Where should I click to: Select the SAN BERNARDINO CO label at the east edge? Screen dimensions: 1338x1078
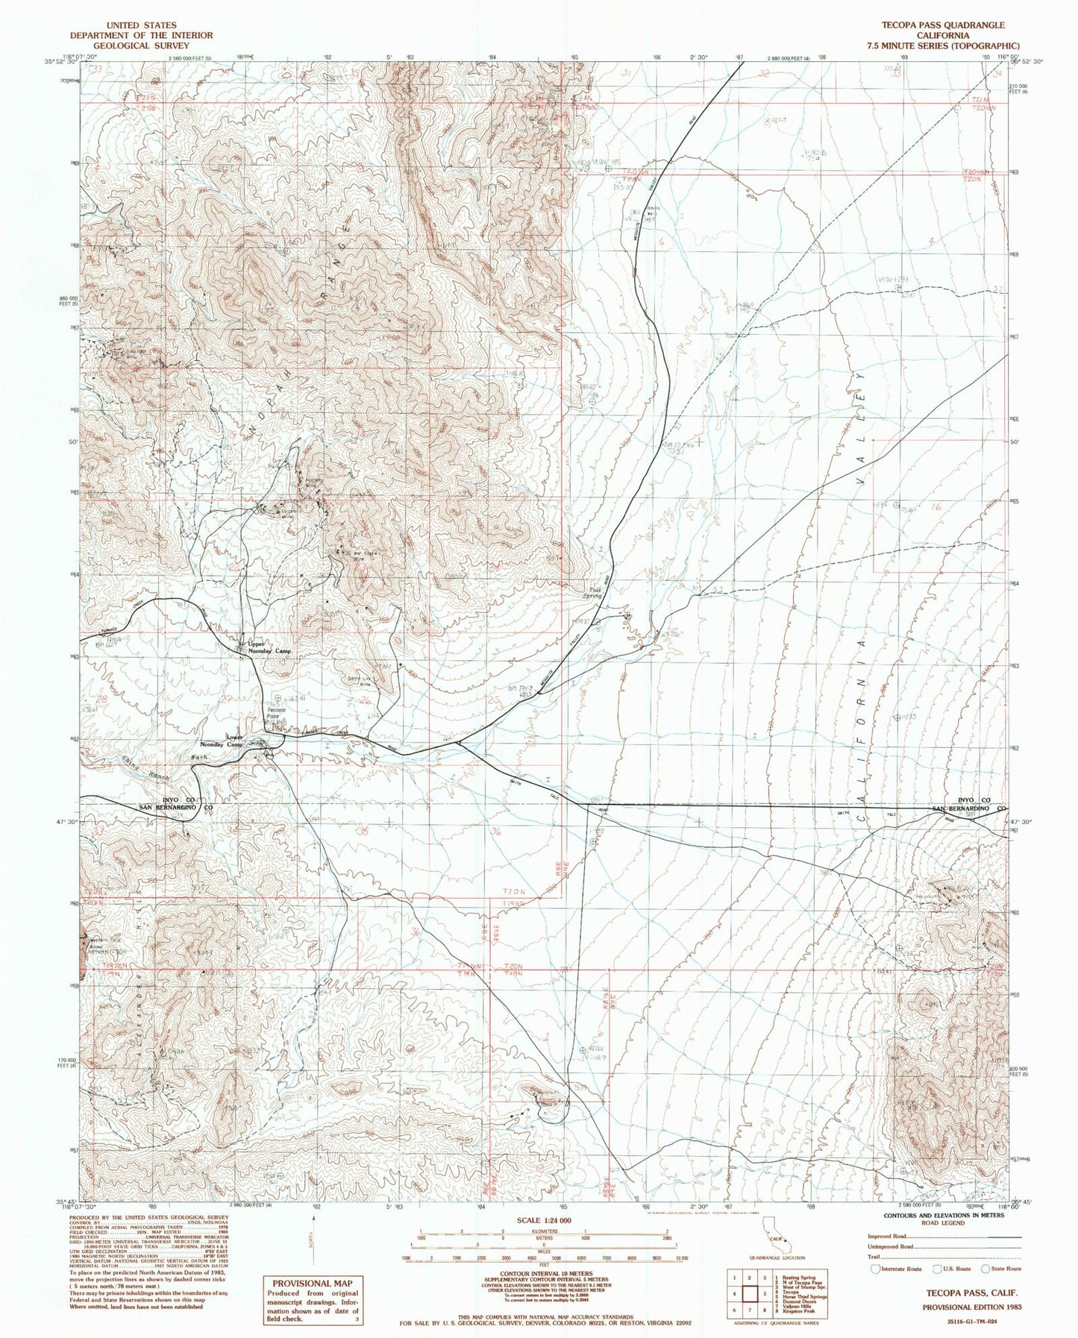click(x=970, y=808)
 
